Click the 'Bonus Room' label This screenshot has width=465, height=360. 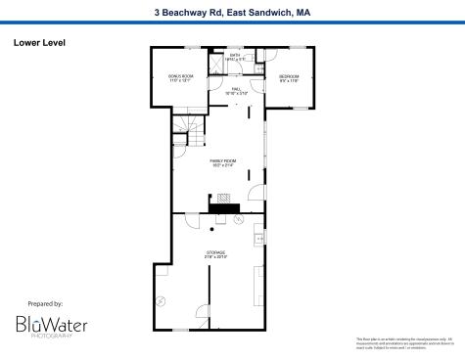181,76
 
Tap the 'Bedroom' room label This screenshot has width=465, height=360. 289,76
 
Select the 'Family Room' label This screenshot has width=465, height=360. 223,161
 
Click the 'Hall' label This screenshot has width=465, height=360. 236,88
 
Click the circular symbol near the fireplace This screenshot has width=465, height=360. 237,219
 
